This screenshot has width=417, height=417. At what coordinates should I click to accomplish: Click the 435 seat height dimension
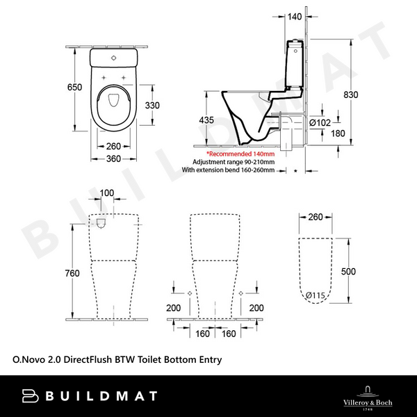[206, 120]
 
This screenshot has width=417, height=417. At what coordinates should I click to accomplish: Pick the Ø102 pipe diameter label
[320, 122]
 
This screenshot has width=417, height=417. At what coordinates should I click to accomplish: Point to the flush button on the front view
[101, 224]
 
